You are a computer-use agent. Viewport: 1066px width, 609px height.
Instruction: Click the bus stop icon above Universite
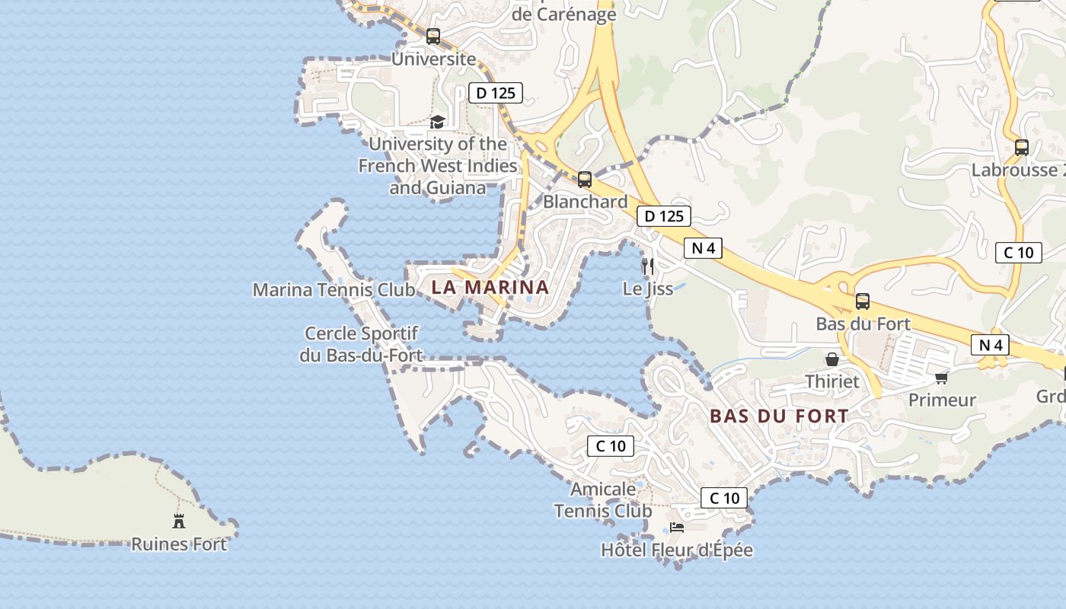(433, 36)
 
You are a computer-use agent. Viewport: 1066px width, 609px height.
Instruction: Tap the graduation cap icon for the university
(437, 122)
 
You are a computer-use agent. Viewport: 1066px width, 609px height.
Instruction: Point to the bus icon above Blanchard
(585, 180)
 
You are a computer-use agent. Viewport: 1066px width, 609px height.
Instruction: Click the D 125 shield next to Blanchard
(664, 216)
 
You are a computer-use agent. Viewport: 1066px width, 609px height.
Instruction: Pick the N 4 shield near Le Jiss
(703, 247)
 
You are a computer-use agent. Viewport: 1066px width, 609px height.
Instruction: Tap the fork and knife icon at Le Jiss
(648, 266)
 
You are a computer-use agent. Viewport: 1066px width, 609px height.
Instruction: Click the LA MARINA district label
(490, 287)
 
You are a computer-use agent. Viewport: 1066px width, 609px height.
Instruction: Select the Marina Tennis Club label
(334, 290)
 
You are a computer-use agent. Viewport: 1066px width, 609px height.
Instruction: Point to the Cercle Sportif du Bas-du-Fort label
(361, 344)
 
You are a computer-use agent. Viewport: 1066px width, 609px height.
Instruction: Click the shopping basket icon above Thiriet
(832, 359)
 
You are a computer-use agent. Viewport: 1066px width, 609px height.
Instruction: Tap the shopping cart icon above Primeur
(942, 378)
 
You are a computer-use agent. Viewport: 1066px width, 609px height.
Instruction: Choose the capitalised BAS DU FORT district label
(779, 416)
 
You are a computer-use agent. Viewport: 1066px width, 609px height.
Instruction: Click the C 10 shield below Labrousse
(1019, 253)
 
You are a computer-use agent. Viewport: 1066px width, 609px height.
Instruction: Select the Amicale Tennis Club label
(603, 499)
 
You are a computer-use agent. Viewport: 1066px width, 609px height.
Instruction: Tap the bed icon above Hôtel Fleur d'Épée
(677, 527)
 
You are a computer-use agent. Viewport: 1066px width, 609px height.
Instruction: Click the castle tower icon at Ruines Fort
(179, 521)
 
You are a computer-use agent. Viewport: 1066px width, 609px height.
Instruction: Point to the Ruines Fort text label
(179, 544)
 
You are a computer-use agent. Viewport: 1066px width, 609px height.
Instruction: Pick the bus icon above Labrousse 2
(1022, 148)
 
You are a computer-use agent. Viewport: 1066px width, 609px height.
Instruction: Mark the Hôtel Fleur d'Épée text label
(677, 550)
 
